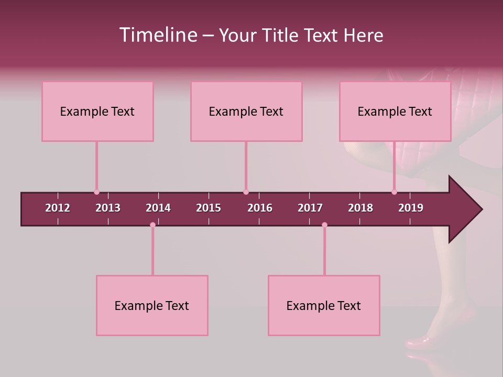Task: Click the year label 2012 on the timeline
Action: (58, 208)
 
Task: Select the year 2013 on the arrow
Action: (108, 208)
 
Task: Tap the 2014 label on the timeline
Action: (158, 208)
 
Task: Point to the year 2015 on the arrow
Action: (209, 208)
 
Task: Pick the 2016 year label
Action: (260, 208)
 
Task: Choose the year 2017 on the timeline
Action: (310, 208)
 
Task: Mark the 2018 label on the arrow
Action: (360, 208)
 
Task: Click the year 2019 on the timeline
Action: (411, 208)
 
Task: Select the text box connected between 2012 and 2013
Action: (97, 111)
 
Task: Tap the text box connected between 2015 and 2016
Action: (246, 111)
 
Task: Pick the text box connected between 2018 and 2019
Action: (395, 111)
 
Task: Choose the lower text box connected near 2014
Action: (152, 305)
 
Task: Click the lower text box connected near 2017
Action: (324, 305)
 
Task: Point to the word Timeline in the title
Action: (158, 35)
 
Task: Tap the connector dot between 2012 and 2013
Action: (96, 192)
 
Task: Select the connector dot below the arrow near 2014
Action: (152, 225)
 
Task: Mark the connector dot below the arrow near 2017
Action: (324, 225)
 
